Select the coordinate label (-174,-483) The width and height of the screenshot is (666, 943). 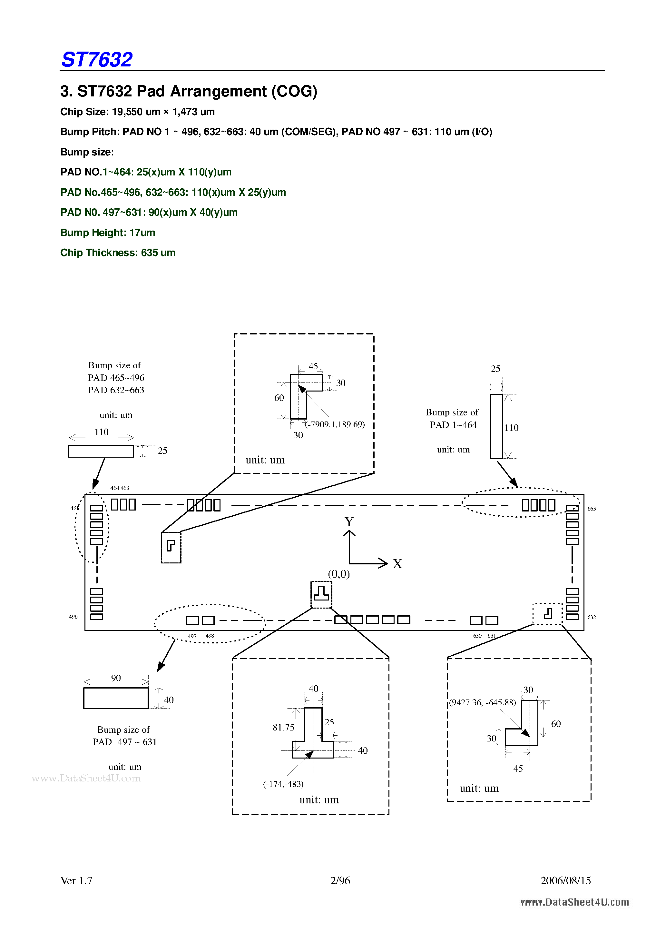tap(283, 784)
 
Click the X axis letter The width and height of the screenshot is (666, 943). tap(397, 564)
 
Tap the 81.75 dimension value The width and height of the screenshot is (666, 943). tap(283, 727)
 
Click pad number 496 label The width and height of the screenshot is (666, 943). tap(73, 617)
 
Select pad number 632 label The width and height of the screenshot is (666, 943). tap(592, 617)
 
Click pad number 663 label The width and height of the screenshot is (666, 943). tap(592, 509)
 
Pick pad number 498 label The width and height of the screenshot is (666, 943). tap(210, 636)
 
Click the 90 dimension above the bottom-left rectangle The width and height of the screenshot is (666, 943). tap(116, 678)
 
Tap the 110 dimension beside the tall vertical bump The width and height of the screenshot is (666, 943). tap(511, 428)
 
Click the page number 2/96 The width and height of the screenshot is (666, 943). tap(340, 880)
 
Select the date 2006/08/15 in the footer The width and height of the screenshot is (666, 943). tap(565, 880)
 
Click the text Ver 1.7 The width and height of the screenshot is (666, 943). tap(76, 880)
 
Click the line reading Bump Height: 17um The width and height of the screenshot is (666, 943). tap(108, 233)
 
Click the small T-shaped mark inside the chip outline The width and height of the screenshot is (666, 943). tap(321, 593)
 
